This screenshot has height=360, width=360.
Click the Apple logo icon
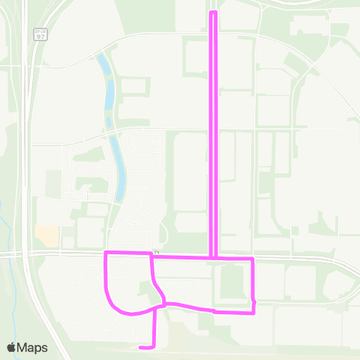coord(12,347)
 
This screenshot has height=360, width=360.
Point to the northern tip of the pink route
coord(214,13)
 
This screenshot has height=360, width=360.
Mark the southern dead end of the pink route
coord(141,347)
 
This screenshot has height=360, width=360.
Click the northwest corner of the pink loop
coord(106,253)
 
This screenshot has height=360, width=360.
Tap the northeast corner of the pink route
coord(253,259)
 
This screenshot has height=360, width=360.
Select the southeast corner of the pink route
coord(253,311)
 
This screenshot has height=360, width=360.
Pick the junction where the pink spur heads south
coord(156,308)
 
